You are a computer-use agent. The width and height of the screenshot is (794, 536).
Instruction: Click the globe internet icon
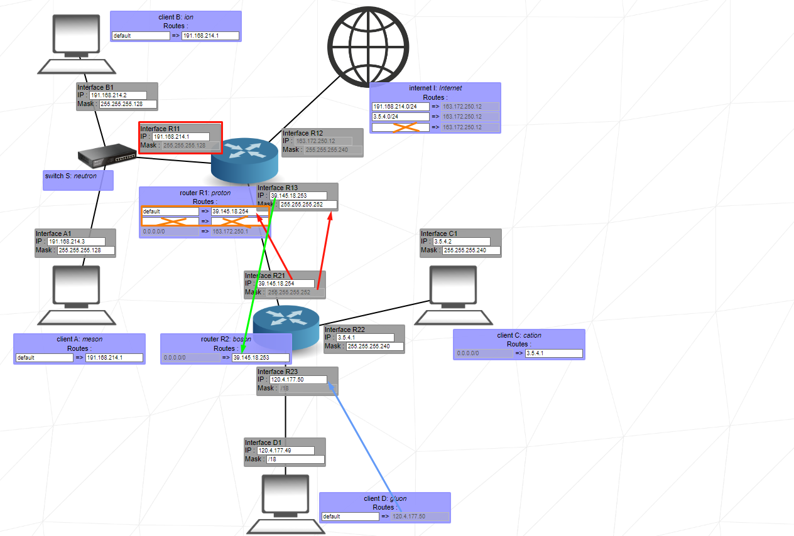[x=367, y=48]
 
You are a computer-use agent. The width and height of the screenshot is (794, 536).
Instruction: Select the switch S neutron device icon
[x=107, y=154]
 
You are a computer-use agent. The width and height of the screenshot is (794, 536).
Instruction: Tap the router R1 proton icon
[x=244, y=161]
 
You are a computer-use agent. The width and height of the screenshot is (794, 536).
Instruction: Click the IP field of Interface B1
[x=122, y=95]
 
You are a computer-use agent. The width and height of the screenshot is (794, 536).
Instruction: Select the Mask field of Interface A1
[x=87, y=250]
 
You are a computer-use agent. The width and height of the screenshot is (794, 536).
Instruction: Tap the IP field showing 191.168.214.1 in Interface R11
[x=180, y=137]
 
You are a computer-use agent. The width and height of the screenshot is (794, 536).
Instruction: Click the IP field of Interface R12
[x=324, y=141]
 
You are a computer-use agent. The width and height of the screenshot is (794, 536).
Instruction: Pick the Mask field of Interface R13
[x=308, y=205]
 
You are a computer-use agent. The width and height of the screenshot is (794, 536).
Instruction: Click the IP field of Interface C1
[x=461, y=242]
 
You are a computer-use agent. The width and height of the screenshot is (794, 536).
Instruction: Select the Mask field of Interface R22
[x=374, y=346]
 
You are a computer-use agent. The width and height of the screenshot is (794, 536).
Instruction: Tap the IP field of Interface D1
[x=291, y=451]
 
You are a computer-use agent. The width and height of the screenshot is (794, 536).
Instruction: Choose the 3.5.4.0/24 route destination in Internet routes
[x=400, y=117]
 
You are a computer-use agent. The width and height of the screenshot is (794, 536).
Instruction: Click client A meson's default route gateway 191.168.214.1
[x=114, y=358]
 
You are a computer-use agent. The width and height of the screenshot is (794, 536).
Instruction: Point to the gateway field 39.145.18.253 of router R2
[x=260, y=358]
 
